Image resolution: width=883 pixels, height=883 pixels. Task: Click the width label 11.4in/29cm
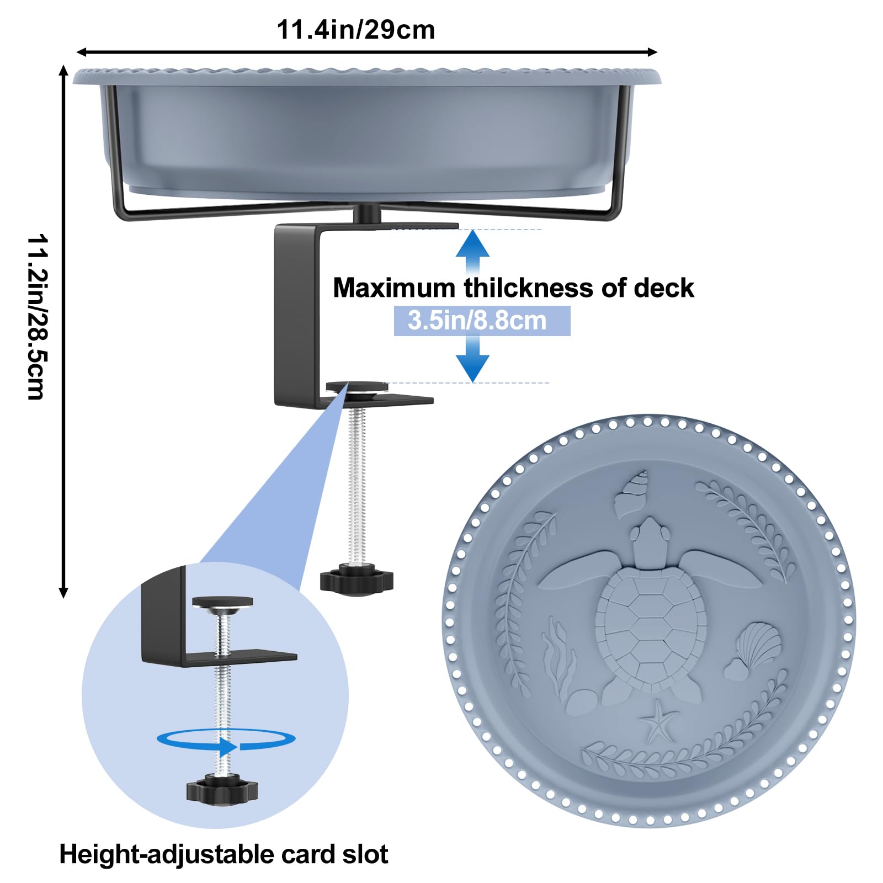point(355,30)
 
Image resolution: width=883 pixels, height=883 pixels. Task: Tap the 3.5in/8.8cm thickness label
point(477,321)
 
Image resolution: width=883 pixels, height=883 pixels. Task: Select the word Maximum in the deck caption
point(393,288)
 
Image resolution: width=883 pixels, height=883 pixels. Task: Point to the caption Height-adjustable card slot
point(224,854)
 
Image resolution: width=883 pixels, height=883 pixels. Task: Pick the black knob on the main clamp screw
point(357,581)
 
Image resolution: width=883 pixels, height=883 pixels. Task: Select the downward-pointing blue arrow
point(472,359)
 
